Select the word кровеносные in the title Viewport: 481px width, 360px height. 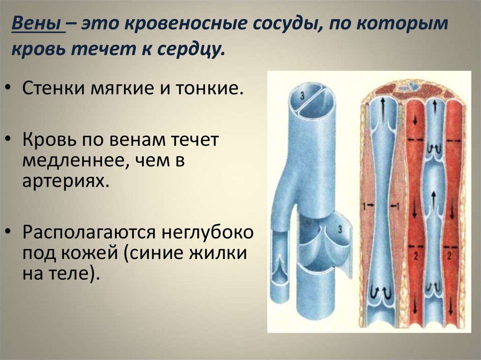click(186, 24)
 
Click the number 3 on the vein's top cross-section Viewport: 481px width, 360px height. click(302, 96)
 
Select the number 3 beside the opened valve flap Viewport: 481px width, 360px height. click(340, 229)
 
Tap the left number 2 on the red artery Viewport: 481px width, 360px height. click(416, 256)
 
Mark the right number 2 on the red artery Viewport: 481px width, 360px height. click(450, 256)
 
